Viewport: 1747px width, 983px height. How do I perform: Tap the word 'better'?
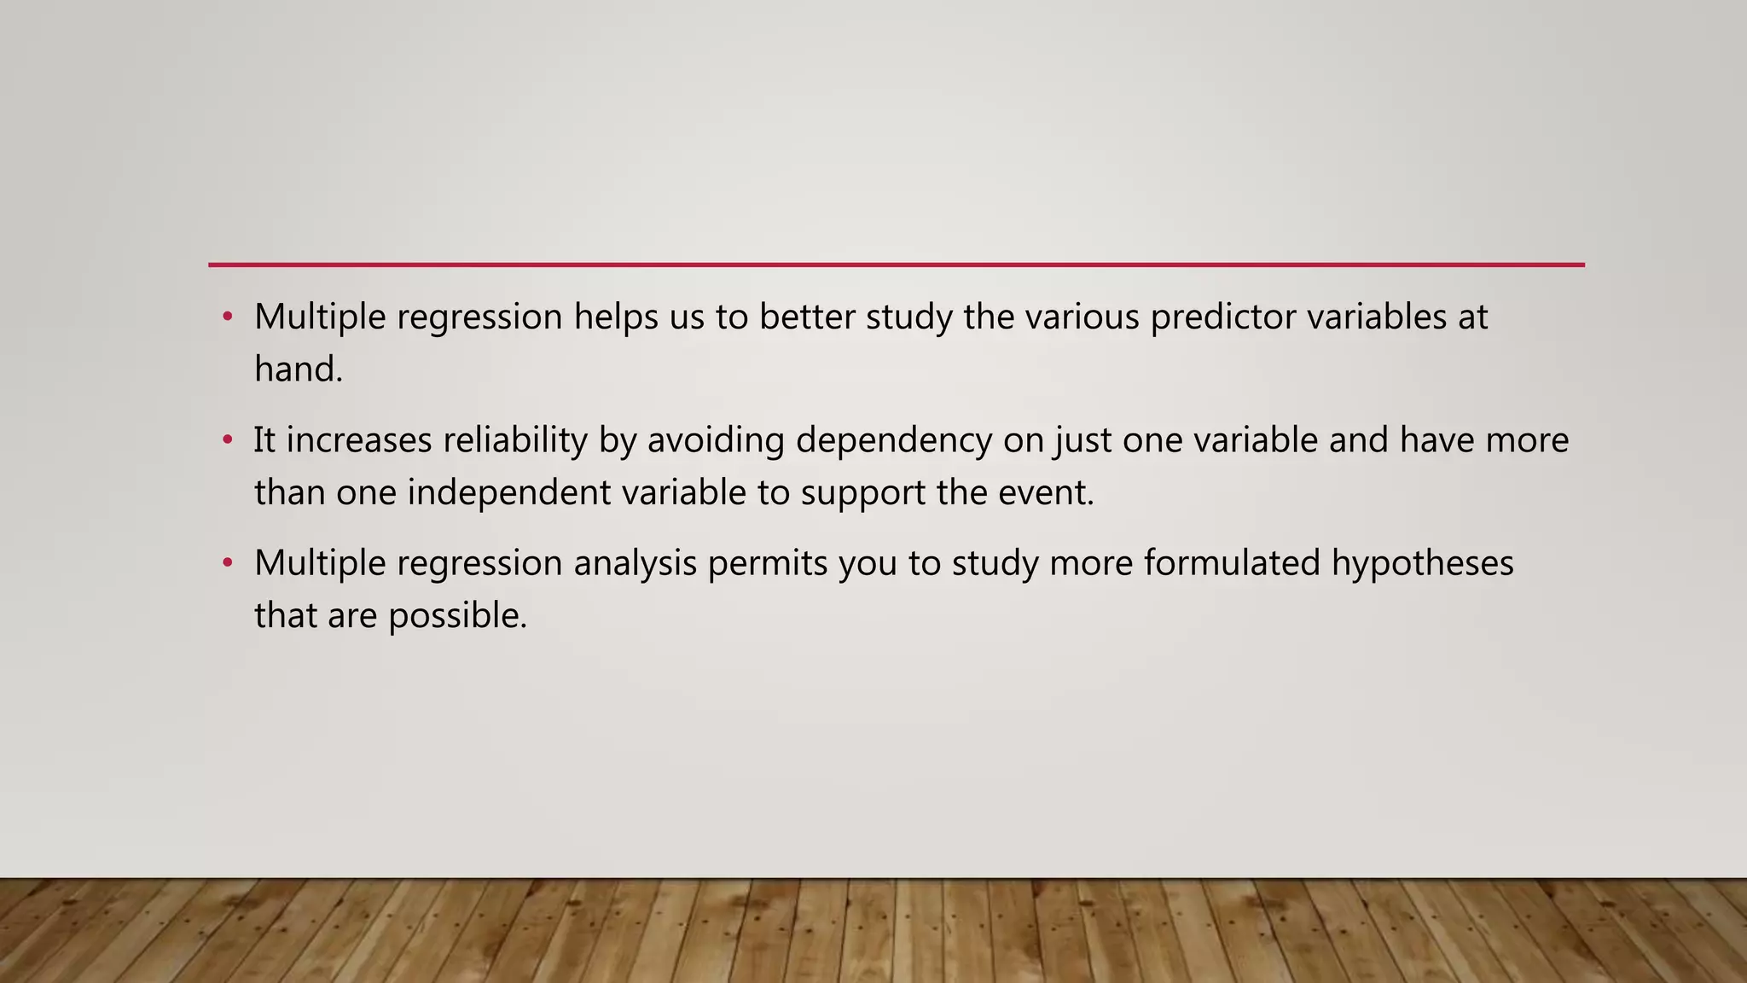807,317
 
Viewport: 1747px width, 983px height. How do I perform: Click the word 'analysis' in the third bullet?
635,563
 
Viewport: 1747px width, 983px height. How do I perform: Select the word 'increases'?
359,440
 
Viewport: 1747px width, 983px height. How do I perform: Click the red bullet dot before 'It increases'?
227,440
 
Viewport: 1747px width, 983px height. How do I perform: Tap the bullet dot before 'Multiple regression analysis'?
227,563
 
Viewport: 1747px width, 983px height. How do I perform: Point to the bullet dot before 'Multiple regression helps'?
227,317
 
